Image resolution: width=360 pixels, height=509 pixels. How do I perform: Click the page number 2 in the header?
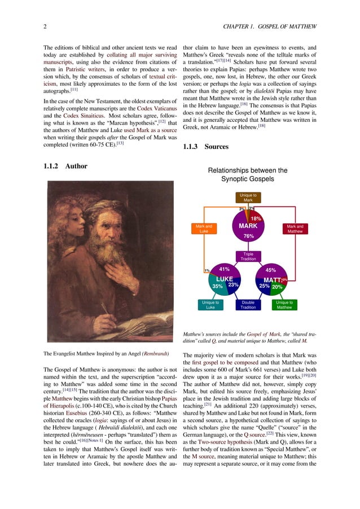pos(45,27)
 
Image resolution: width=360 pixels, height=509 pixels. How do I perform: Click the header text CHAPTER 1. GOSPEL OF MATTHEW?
pos(270,27)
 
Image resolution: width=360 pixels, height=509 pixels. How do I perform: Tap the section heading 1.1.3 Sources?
pos(206,147)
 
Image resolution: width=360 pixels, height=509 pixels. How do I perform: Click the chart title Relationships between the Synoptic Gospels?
pos(248,174)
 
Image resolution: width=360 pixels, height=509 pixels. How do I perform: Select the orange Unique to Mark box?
pos(248,198)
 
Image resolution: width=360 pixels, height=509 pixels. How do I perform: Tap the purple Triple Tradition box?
pos(248,257)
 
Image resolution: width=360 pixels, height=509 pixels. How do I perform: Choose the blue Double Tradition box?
pos(248,305)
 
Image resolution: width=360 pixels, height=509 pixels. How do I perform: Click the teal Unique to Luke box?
pos(210,305)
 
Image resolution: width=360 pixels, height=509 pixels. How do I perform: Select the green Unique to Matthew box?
pos(284,305)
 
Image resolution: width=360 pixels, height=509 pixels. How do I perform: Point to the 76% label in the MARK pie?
pos(248,236)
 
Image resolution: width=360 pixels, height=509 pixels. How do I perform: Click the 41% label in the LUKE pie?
pos(224,270)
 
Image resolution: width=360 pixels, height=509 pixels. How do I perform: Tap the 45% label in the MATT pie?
pos(270,270)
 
